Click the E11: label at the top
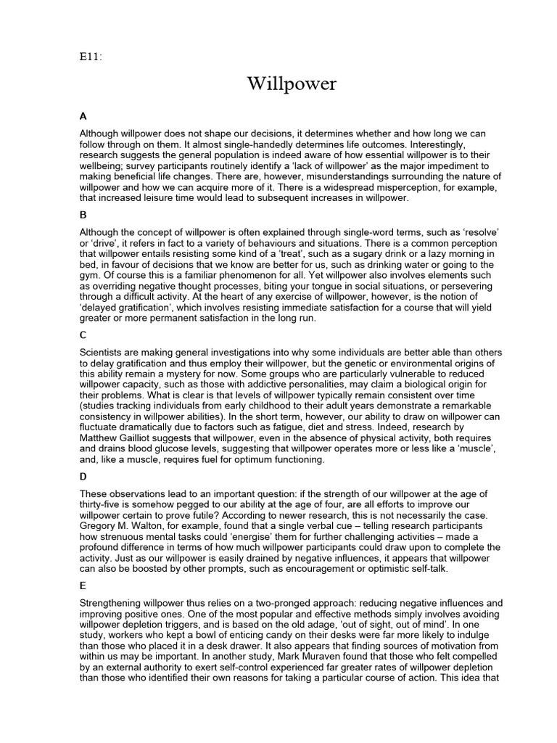click(91, 58)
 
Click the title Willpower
click(292, 85)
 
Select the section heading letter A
click(83, 115)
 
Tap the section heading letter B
click(83, 215)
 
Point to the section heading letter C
click(83, 334)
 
